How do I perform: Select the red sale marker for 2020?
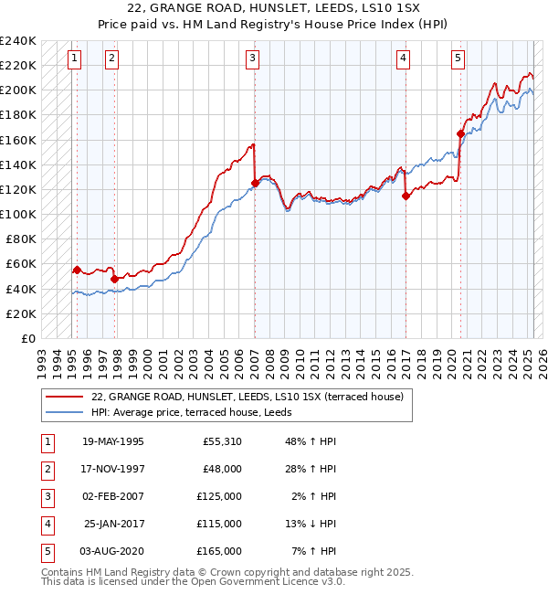click(x=460, y=133)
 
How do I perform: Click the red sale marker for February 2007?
click(x=255, y=183)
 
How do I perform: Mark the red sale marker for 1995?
click(x=77, y=270)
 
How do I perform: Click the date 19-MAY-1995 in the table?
click(x=113, y=441)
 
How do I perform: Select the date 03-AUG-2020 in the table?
click(x=113, y=551)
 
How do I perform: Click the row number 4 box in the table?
click(x=47, y=524)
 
